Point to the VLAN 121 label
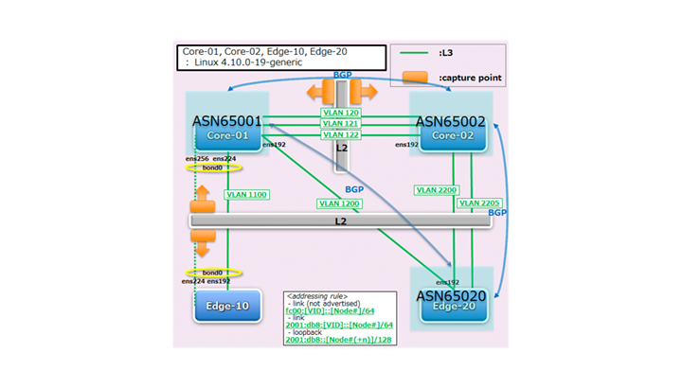click(x=339, y=124)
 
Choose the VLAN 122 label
click(x=339, y=135)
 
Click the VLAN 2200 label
click(x=435, y=190)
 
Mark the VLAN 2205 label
click(x=478, y=203)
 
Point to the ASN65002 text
click(x=450, y=121)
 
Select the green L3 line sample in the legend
click(x=414, y=56)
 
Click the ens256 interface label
click(x=196, y=158)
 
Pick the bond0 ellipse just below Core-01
click(x=214, y=168)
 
